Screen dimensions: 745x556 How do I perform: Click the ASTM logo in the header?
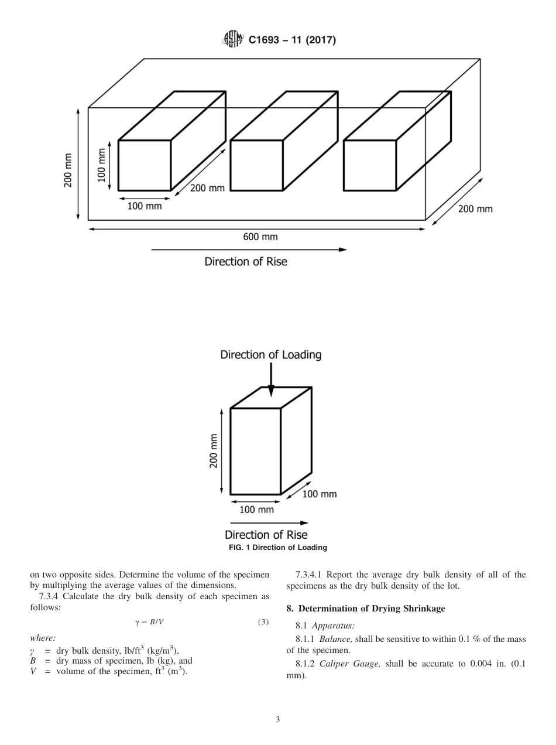[x=232, y=40]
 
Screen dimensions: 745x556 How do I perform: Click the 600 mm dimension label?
[x=260, y=237]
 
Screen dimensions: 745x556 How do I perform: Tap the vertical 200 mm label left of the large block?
[x=68, y=175]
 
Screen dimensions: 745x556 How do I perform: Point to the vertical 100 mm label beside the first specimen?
[x=102, y=165]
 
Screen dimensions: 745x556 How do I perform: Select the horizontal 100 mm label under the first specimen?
[x=145, y=206]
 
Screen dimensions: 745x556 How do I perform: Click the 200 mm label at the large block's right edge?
[x=475, y=209]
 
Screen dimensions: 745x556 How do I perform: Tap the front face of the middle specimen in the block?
[x=256, y=165]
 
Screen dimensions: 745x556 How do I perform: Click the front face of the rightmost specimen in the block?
[x=369, y=165]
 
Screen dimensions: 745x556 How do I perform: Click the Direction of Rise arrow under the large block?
[x=249, y=250]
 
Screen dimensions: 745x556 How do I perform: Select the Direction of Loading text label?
[x=270, y=355]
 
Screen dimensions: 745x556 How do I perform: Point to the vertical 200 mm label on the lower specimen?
[x=214, y=451]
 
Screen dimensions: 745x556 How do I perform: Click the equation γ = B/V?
[x=149, y=621]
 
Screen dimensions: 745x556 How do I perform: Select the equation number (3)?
[x=263, y=621]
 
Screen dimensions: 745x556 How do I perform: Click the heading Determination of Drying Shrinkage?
[x=366, y=609]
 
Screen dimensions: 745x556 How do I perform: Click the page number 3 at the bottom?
[x=278, y=720]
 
